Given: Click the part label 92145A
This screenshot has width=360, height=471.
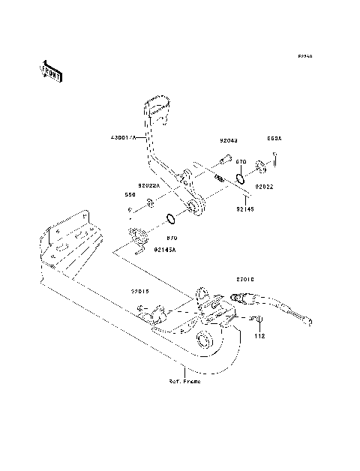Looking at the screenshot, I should (165, 249).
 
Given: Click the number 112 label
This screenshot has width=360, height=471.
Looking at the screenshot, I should (259, 336).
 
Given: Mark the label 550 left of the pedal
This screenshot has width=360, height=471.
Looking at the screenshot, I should (130, 193).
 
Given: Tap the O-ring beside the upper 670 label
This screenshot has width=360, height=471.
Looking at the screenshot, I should (242, 178).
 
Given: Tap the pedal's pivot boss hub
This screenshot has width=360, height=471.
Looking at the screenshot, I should (196, 206).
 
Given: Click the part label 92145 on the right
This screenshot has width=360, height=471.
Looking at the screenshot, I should (246, 209).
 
